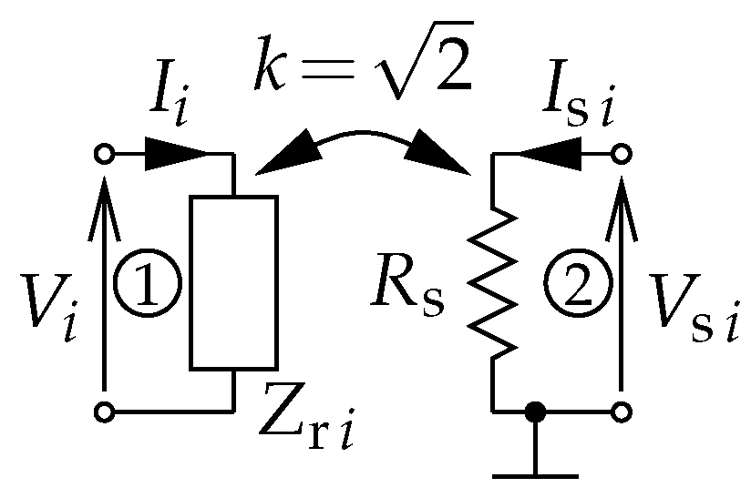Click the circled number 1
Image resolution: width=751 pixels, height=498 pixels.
point(149,284)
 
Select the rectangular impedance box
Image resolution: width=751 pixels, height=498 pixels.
point(233,283)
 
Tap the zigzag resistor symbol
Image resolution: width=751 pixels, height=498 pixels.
point(493,283)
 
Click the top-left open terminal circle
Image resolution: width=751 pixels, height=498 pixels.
point(106,154)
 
